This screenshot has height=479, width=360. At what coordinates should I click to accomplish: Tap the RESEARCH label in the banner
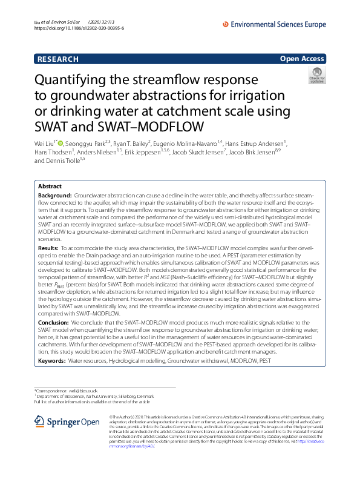tap(58, 59)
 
